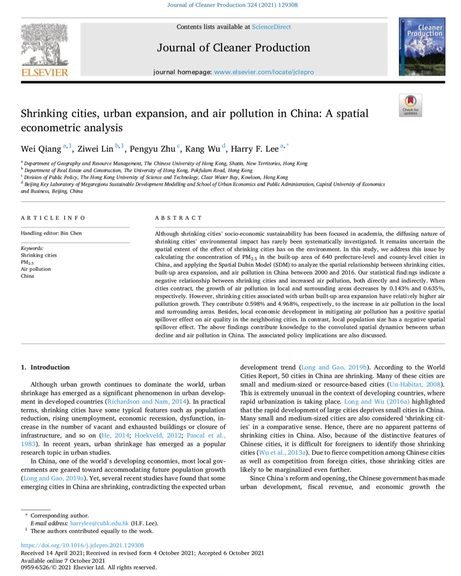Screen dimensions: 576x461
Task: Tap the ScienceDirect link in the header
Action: (x=271, y=27)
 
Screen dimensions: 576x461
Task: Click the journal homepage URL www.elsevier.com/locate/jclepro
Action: (x=264, y=71)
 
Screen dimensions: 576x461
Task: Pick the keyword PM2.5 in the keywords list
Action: (x=28, y=263)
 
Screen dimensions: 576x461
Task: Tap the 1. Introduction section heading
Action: (x=45, y=367)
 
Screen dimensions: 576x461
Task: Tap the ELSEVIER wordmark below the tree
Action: (x=45, y=73)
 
